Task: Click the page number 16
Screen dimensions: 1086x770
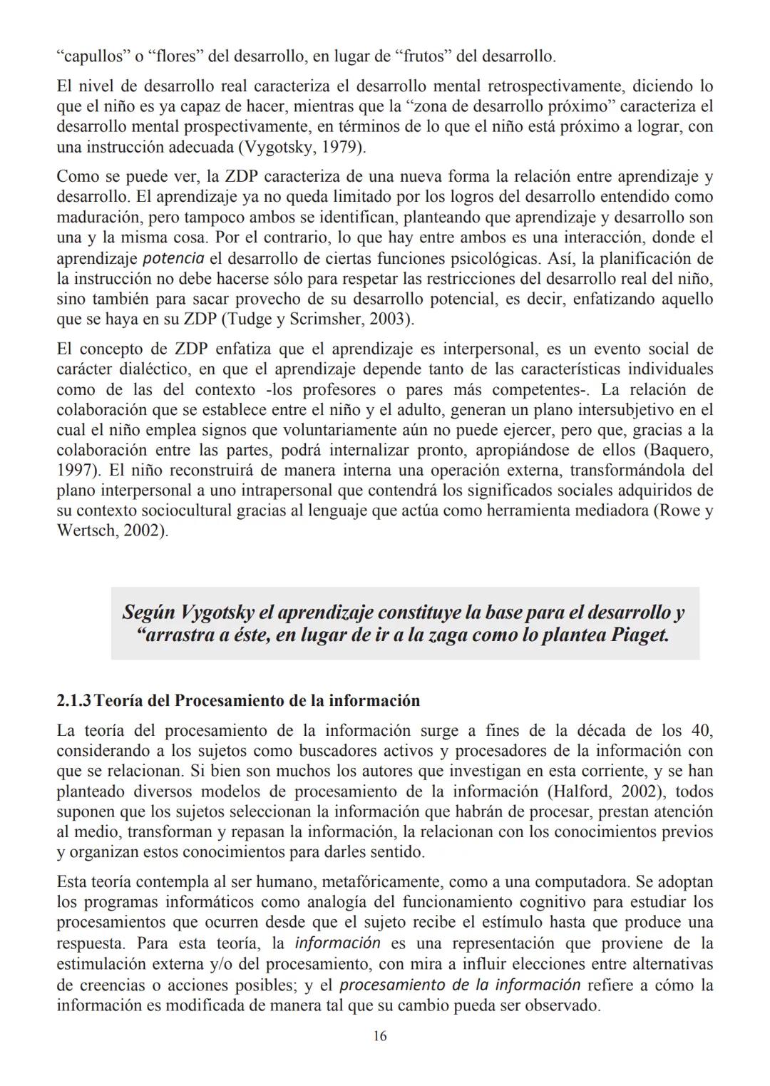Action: pos(380,1036)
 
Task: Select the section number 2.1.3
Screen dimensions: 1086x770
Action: pos(73,700)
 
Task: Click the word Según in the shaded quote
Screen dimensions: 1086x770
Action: pos(148,613)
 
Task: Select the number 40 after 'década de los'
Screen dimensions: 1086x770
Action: pos(701,731)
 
